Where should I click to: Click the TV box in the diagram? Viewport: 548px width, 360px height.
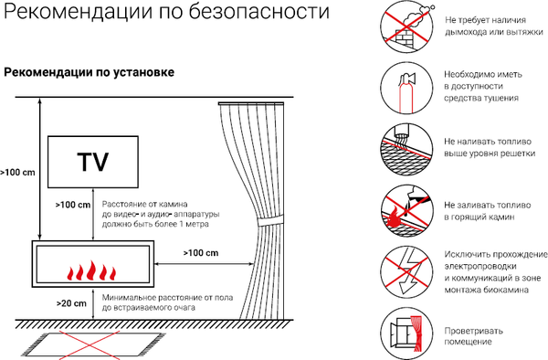click(x=92, y=162)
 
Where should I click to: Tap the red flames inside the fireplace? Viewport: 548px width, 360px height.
click(x=91, y=271)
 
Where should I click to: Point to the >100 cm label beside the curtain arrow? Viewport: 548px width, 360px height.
click(x=201, y=252)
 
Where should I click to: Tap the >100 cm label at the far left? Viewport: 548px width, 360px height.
click(x=16, y=171)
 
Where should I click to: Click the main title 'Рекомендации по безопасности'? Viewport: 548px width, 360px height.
click(x=165, y=14)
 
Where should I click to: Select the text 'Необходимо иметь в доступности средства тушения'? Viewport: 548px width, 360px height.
click(x=483, y=86)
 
